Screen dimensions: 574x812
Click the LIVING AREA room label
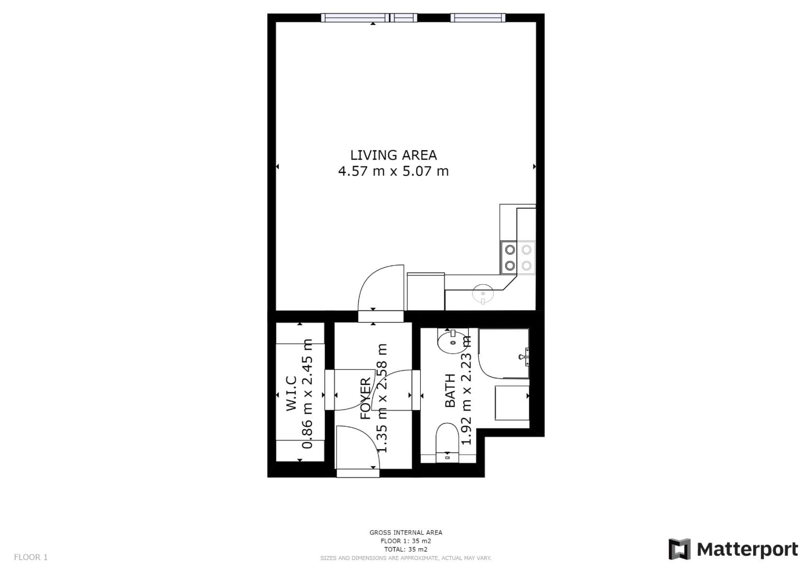[x=393, y=155]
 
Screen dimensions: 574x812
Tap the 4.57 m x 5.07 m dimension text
[x=393, y=171]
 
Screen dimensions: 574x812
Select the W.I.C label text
[x=292, y=394]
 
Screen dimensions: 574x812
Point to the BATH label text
[x=450, y=391]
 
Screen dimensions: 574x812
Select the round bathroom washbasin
[x=452, y=342]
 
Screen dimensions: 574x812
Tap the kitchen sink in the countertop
[x=483, y=294]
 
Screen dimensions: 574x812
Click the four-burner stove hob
[x=518, y=257]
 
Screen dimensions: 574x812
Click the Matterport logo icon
[x=680, y=549]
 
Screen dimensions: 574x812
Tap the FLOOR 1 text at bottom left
[x=31, y=557]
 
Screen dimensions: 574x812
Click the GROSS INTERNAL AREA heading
[x=406, y=532]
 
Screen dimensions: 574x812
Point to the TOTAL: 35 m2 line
[x=406, y=550]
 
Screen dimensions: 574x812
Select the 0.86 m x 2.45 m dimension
[x=307, y=394]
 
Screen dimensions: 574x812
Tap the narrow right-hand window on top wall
[x=477, y=18]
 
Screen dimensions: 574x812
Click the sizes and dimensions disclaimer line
[x=406, y=558]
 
